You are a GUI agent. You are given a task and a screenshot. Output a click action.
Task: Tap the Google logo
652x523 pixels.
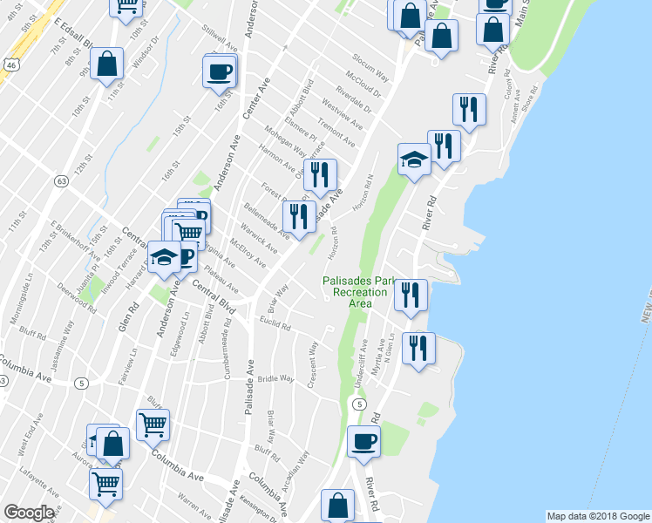point(29,513)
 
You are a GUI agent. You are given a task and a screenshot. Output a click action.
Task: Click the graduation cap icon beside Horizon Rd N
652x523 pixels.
point(414,160)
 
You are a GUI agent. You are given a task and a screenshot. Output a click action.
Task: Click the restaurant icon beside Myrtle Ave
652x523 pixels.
point(418,348)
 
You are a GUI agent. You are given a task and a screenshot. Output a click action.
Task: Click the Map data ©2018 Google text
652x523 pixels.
point(598,516)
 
